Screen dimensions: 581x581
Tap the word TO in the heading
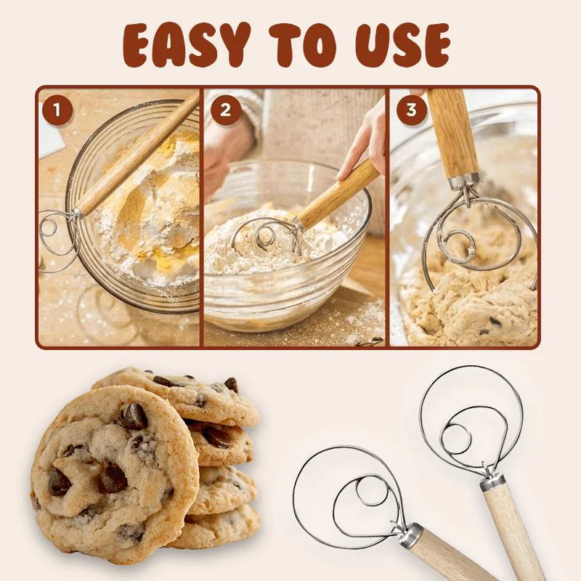coord(303,45)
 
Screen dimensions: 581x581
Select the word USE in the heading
coord(403,46)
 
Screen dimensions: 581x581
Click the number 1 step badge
coord(57,110)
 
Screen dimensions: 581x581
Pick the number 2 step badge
coord(226,110)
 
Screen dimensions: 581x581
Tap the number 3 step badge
coord(411,110)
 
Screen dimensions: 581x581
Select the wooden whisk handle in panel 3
coord(452,134)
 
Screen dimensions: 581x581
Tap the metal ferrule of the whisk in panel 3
coord(464,181)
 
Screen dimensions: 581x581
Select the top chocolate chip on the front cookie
coord(134,415)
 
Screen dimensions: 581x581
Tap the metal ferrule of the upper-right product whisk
coord(492,482)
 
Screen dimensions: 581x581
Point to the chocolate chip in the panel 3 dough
coord(495,322)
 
